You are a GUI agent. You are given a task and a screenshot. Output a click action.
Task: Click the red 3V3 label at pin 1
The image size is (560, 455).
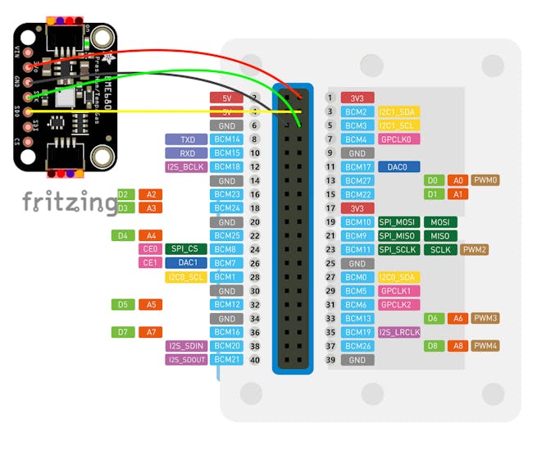357,98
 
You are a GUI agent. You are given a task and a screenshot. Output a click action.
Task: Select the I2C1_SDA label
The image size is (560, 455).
398,111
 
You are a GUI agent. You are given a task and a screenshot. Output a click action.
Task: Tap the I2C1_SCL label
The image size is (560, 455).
398,125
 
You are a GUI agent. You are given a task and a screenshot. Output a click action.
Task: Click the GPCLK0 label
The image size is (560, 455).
399,139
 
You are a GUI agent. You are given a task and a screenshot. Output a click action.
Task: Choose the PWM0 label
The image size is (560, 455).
486,180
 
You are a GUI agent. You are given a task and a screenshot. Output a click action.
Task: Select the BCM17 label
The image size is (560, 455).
357,167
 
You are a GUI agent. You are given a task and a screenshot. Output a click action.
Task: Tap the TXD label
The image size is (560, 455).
186,139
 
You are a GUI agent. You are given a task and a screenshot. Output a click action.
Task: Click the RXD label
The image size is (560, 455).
186,153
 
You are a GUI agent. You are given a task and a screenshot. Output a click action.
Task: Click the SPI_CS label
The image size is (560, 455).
185,249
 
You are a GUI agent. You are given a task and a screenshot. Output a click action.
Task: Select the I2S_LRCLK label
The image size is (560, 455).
399,332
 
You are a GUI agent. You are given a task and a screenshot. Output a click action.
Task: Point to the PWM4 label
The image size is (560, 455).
486,346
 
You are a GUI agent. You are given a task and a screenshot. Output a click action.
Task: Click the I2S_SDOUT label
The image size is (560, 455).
186,359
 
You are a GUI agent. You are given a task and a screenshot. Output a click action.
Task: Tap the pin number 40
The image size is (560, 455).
254,360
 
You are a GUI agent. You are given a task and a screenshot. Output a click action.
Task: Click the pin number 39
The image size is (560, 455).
330,360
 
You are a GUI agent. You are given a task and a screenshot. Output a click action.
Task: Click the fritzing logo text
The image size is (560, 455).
69,202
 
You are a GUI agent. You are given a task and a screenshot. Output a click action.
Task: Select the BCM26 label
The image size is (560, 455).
357,346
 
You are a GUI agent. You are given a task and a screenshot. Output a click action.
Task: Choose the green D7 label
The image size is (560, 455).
122,332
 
